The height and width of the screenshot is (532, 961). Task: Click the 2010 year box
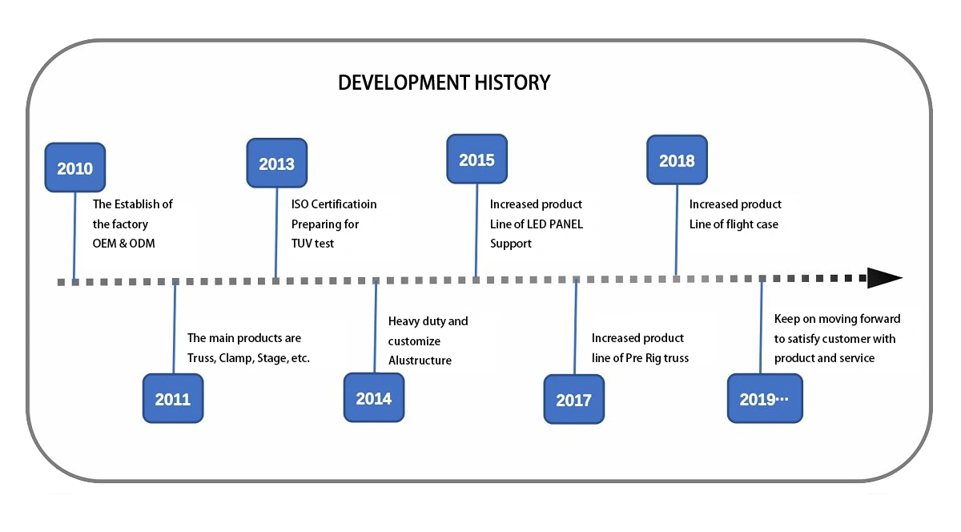(x=75, y=167)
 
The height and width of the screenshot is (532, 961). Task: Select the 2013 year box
(x=277, y=163)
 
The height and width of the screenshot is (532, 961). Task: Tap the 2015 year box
(x=476, y=159)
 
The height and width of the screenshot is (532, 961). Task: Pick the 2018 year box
(x=677, y=159)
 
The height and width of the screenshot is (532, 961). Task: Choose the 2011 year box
(x=173, y=398)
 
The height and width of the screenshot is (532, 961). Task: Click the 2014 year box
(x=374, y=397)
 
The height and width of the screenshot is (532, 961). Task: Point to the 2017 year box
(x=573, y=399)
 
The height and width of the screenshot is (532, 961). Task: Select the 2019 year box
(x=765, y=398)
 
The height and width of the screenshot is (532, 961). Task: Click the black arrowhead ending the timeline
(x=885, y=278)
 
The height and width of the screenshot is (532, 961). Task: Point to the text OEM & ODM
(x=123, y=244)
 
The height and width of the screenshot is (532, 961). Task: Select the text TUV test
(x=312, y=244)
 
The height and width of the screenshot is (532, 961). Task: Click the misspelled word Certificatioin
(x=344, y=204)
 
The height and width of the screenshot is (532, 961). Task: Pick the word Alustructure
(x=420, y=361)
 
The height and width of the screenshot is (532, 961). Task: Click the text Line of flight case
(x=734, y=224)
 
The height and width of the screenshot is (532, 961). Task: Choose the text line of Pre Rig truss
(x=640, y=358)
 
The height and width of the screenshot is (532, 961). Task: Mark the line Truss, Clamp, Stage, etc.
(x=248, y=358)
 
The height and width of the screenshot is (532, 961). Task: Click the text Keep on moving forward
(x=837, y=319)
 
